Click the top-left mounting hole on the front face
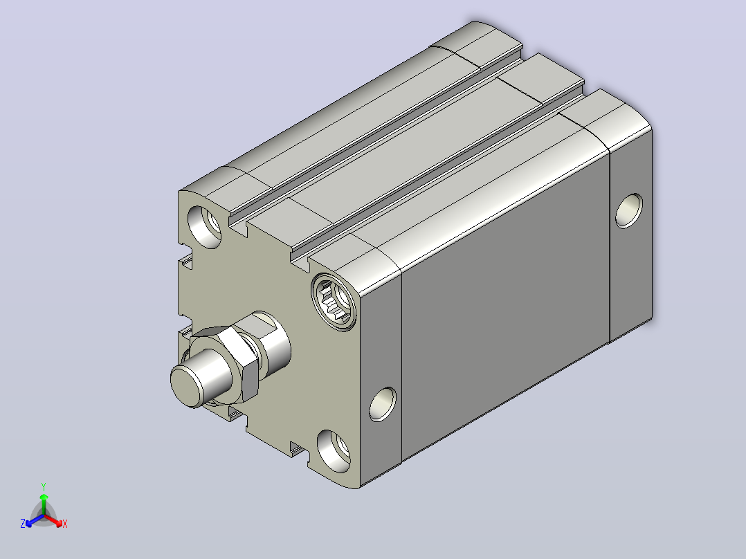click(x=205, y=226)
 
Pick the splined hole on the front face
click(x=334, y=302)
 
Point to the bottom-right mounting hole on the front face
click(x=334, y=451)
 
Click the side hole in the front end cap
click(x=383, y=404)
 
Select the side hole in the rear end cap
click(x=628, y=211)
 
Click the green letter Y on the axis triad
click(x=44, y=486)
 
